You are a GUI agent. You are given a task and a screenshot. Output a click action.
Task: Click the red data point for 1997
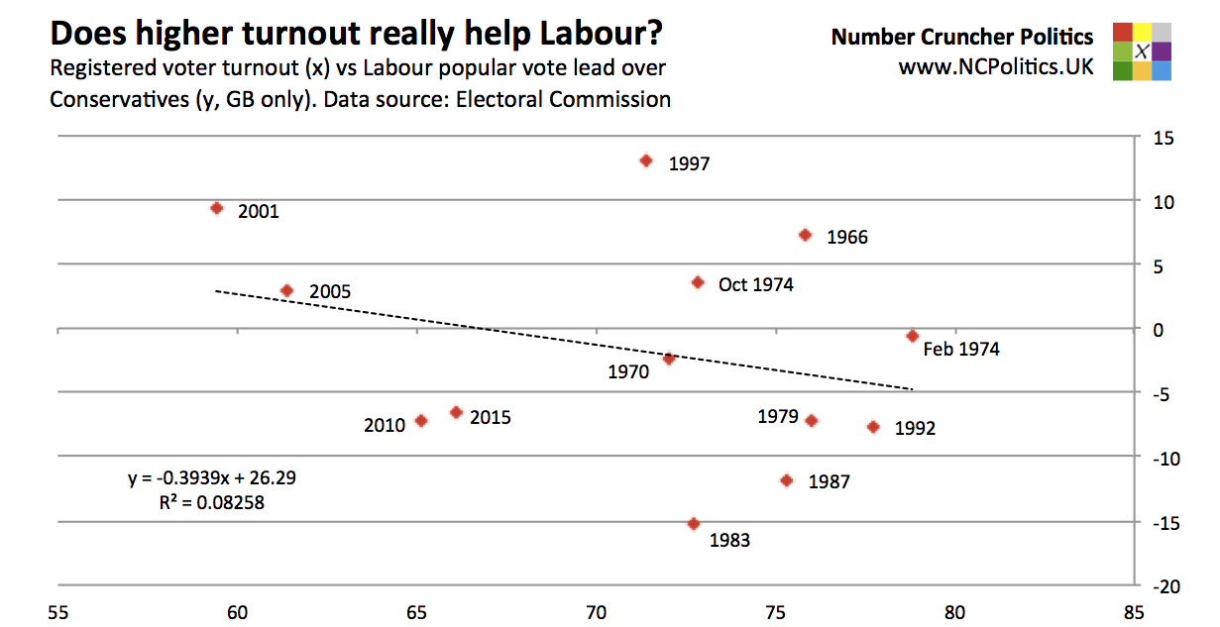click(x=646, y=160)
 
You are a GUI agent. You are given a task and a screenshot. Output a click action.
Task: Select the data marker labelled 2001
click(x=217, y=208)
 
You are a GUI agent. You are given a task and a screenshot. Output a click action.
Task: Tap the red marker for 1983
click(x=694, y=524)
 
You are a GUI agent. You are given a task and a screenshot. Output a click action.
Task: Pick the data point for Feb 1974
click(x=913, y=336)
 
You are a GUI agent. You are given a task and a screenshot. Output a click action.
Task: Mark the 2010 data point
click(x=421, y=420)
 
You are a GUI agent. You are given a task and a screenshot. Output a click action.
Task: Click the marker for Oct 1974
click(x=698, y=282)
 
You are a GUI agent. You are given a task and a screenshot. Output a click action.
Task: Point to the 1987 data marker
click(x=787, y=480)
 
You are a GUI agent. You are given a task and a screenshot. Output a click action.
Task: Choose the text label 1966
click(x=846, y=238)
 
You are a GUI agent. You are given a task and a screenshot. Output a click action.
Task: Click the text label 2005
click(x=329, y=292)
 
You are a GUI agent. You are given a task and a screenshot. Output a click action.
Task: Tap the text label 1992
click(x=914, y=429)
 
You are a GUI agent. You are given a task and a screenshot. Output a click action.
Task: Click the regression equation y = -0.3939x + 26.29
click(x=212, y=477)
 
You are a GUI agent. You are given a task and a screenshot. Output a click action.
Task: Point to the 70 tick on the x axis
click(x=596, y=613)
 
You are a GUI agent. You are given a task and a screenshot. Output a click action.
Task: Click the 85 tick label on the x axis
click(x=1134, y=613)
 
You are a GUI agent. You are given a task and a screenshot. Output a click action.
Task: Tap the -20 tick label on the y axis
click(x=1163, y=586)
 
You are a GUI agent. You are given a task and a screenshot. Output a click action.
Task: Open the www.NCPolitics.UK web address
click(x=996, y=68)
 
